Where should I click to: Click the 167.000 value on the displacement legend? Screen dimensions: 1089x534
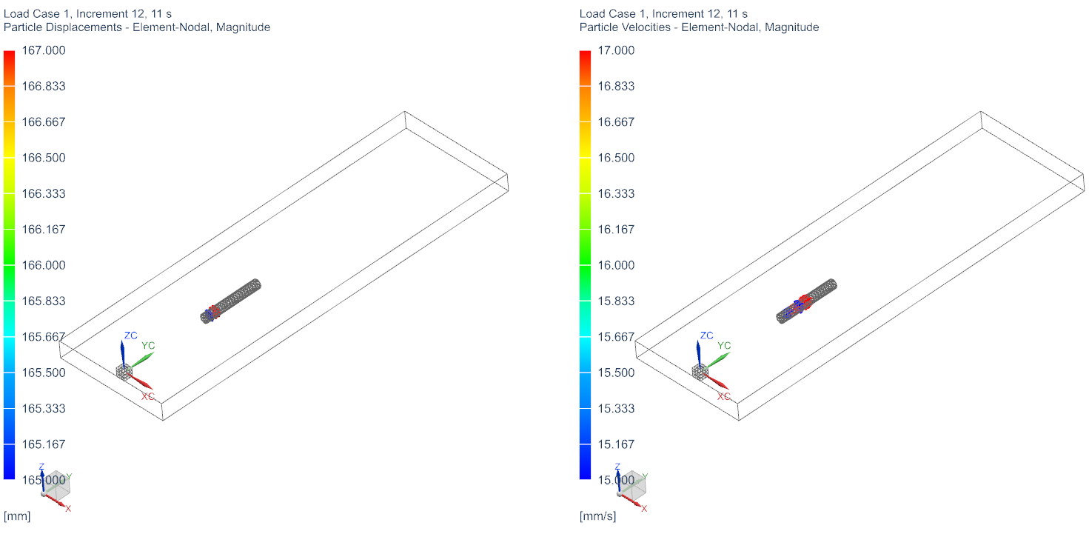pyautogui.click(x=44, y=50)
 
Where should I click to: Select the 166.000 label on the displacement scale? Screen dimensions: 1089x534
pyautogui.click(x=44, y=266)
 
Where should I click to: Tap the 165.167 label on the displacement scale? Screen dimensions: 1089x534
pyautogui.click(x=44, y=444)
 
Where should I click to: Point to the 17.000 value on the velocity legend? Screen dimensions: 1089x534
pyautogui.click(x=616, y=50)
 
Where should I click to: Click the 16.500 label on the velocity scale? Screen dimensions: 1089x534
pyautogui.click(x=616, y=158)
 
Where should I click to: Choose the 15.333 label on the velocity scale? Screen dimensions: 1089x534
pyautogui.click(x=616, y=409)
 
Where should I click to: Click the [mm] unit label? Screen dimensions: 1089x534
pyautogui.click(x=17, y=516)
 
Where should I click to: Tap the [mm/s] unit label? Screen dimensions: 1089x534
pyautogui.click(x=597, y=516)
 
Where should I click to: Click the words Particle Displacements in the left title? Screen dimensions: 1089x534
pyautogui.click(x=63, y=27)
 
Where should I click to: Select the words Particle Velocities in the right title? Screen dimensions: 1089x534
pyautogui.click(x=625, y=27)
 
